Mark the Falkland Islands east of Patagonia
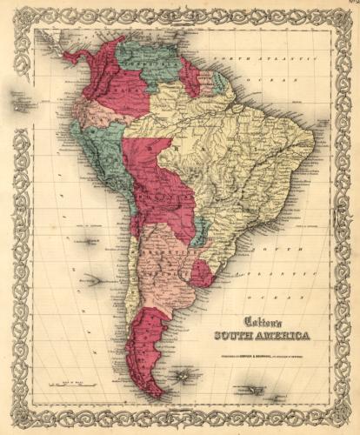click(x=183, y=376)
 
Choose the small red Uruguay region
click(x=201, y=273)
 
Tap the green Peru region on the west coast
click(x=96, y=148)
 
